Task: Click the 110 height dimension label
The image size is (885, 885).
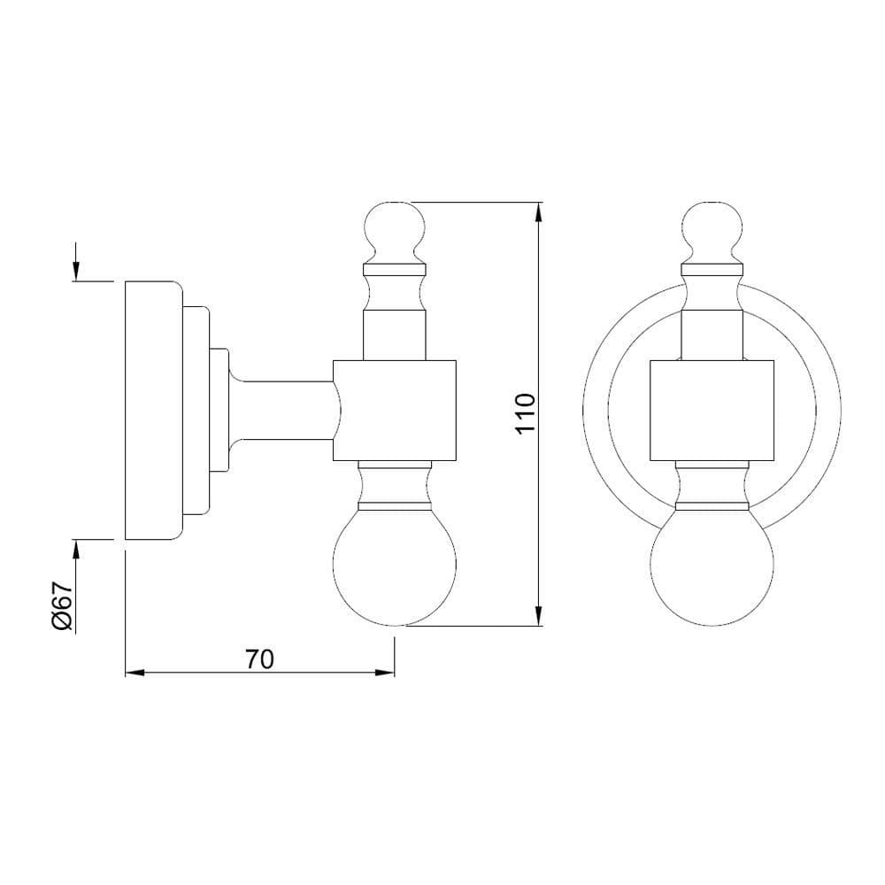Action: click(525, 413)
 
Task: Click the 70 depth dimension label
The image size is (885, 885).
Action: click(259, 659)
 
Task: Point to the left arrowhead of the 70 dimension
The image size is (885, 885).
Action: click(135, 673)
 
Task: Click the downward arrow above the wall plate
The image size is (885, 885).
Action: click(75, 262)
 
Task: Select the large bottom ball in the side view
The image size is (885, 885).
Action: click(395, 567)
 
